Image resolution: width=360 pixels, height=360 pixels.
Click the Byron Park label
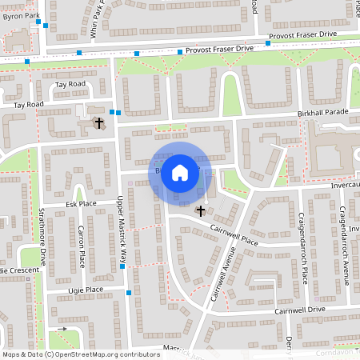click(x=19, y=15)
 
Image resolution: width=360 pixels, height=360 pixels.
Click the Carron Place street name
click(x=81, y=246)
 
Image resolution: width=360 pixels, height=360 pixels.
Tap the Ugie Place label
click(x=84, y=290)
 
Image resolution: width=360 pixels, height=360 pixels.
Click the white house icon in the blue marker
click(x=180, y=171)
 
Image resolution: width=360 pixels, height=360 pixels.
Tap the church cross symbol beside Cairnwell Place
click(x=200, y=211)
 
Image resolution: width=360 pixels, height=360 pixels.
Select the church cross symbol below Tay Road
click(x=99, y=122)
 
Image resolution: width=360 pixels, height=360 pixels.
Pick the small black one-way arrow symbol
click(x=62, y=329)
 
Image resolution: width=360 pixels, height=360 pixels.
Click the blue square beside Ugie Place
click(x=128, y=294)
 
